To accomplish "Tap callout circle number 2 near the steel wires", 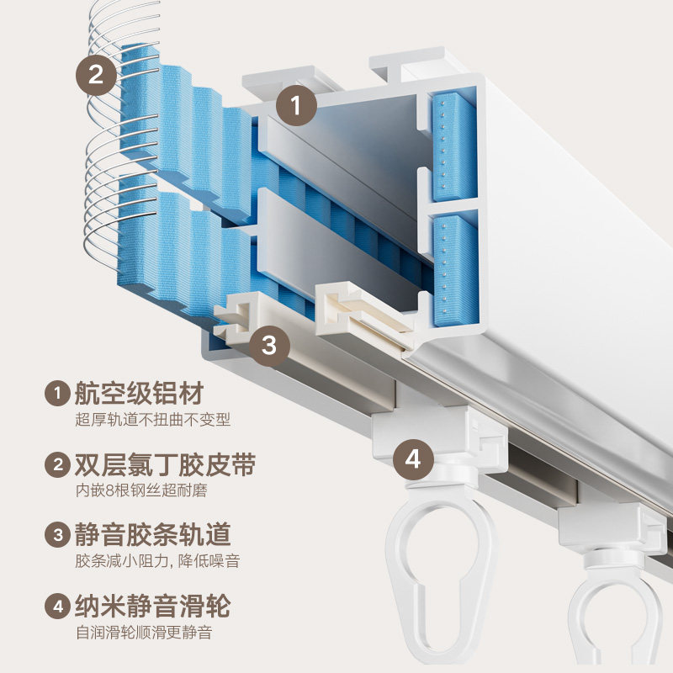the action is click(x=97, y=75).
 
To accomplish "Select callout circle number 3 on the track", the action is click(x=268, y=345).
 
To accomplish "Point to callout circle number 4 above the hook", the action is click(x=413, y=460).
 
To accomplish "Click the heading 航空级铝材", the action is click(x=139, y=393).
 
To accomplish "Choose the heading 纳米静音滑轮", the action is click(x=152, y=606).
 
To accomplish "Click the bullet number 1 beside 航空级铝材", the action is click(x=57, y=393).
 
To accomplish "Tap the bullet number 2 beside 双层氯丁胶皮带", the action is click(x=57, y=464).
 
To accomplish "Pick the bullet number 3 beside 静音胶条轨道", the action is click(x=57, y=534).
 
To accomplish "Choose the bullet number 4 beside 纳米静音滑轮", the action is click(x=57, y=606).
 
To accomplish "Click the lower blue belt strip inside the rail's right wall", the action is click(x=454, y=269).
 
